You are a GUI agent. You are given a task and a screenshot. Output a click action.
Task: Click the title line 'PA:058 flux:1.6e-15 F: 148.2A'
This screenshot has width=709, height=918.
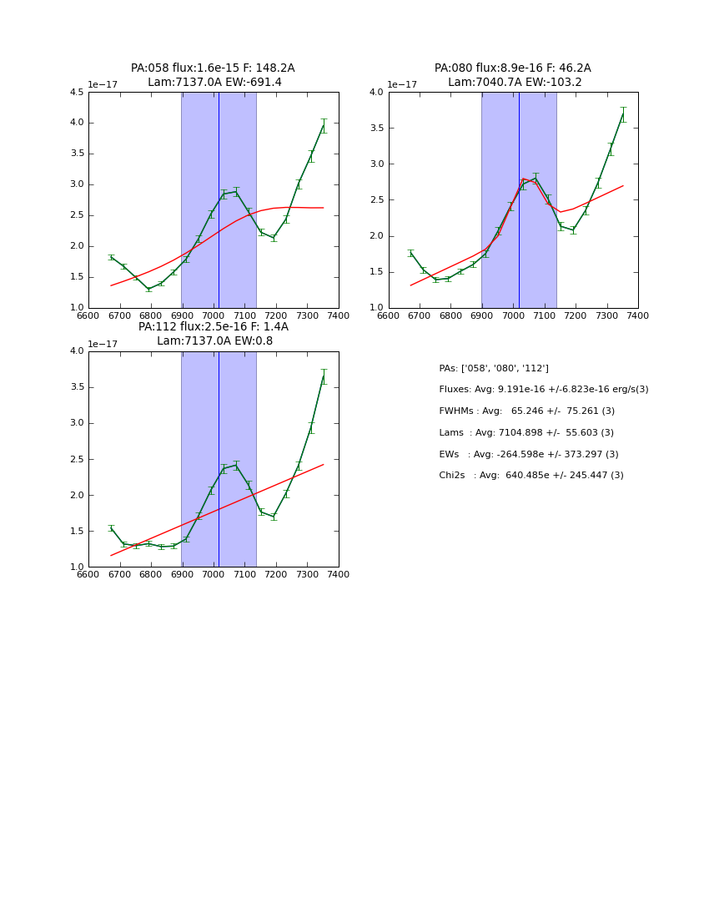tap(213, 68)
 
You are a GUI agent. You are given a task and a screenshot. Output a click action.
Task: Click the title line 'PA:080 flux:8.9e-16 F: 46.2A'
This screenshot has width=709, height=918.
tap(512, 68)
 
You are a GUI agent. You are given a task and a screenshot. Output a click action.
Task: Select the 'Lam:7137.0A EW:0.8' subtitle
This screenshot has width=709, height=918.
tap(214, 340)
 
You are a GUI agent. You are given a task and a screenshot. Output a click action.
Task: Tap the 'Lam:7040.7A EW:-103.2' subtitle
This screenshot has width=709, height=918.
tap(515, 82)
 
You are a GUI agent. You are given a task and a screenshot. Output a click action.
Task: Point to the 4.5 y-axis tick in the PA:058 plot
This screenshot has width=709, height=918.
tap(75, 93)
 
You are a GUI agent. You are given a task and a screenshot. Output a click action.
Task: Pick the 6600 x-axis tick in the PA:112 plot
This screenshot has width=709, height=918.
tap(88, 574)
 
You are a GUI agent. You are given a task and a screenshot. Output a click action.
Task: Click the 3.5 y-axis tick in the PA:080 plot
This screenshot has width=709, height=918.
tap(375, 129)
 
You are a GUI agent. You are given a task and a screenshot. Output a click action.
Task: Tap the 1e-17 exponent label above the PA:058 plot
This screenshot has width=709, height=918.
tap(103, 84)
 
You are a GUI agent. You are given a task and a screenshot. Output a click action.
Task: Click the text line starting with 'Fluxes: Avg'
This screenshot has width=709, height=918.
tap(543, 390)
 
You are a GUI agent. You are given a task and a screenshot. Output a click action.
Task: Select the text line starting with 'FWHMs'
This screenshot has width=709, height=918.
tap(526, 411)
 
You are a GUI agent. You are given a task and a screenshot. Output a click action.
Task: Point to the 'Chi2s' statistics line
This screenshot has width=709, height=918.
tap(530, 476)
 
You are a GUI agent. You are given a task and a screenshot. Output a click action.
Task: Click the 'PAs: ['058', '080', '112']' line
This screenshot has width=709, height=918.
tap(493, 368)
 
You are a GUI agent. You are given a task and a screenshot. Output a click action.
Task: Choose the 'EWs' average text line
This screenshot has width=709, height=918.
tap(528, 455)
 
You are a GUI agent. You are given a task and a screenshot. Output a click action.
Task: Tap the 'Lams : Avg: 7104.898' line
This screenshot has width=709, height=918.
tap(525, 433)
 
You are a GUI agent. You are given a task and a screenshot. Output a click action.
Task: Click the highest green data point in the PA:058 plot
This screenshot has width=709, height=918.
tap(324, 126)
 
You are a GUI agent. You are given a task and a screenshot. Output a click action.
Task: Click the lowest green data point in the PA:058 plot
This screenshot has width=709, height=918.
tap(148, 289)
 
